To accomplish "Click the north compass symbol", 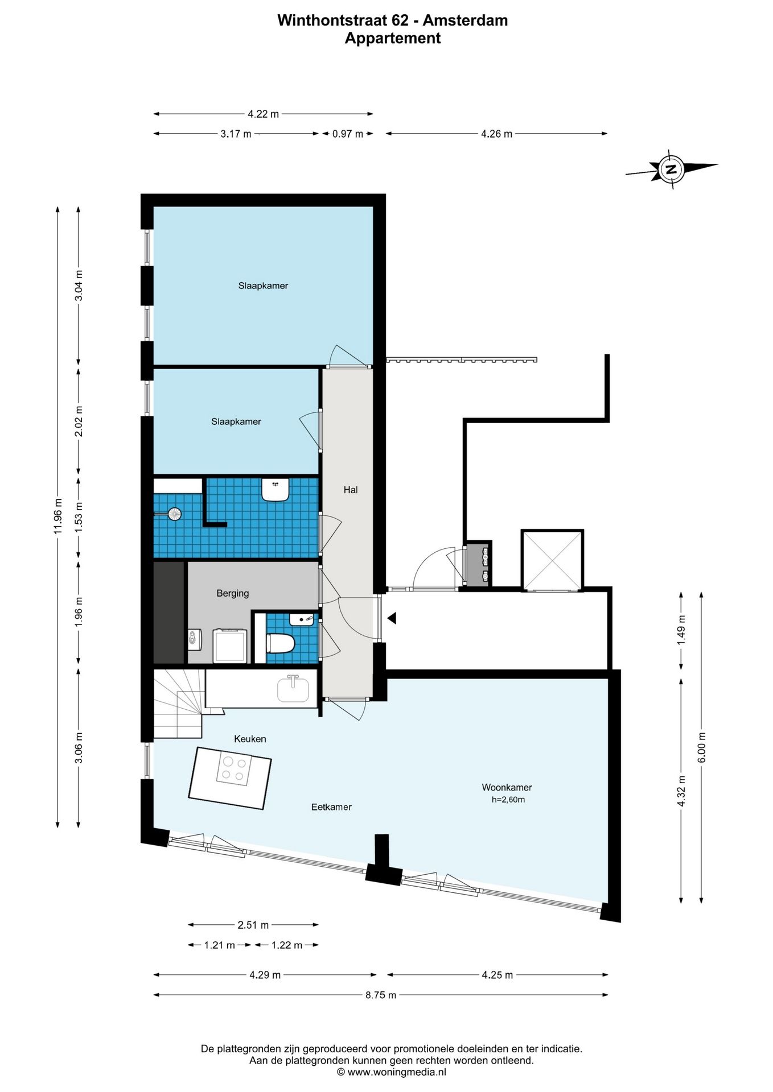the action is (672, 169).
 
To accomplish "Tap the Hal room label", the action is (351, 490).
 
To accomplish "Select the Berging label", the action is (232, 593).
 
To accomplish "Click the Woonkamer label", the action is (507, 787).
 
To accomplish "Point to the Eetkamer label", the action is (331, 806).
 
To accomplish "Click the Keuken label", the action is (250, 739).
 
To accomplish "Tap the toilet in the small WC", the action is (280, 643).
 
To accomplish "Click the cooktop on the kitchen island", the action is (234, 769).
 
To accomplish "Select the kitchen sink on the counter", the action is (293, 689).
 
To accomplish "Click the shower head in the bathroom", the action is (173, 514).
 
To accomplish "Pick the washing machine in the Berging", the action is (230, 646).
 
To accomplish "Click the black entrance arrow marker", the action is (392, 618).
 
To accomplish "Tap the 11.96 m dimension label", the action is (57, 516).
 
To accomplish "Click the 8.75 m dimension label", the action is (381, 995).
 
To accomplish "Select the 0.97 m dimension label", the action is (348, 134).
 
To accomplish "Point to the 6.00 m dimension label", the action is (701, 747).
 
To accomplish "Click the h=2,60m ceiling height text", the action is (508, 800).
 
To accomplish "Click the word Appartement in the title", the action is (393, 38).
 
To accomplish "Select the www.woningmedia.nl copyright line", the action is (392, 1072).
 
